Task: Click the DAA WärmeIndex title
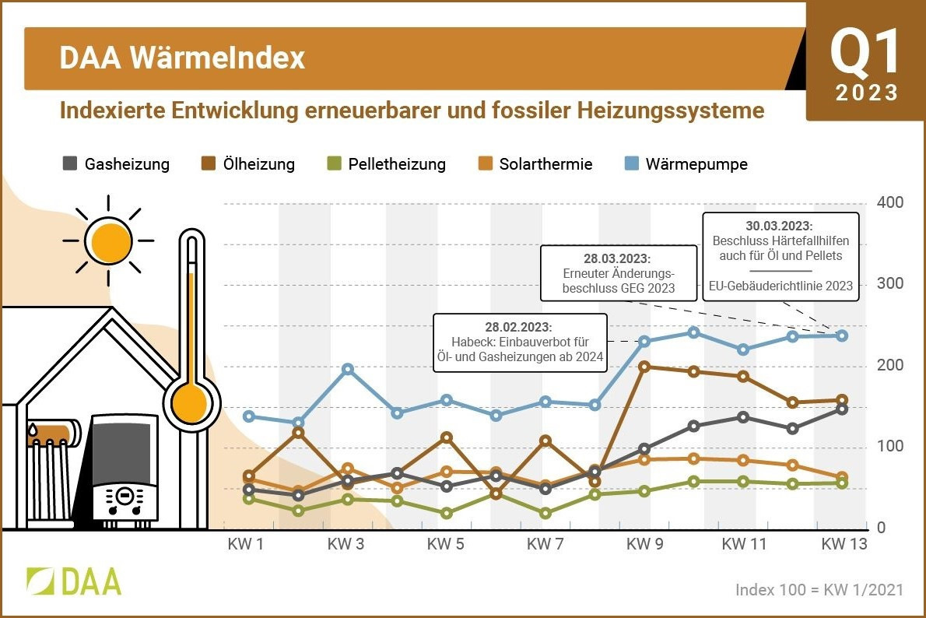click(x=182, y=59)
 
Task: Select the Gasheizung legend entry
click(x=116, y=164)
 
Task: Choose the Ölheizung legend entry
click(x=248, y=164)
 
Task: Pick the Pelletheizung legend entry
click(x=386, y=164)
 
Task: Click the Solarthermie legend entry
click(x=535, y=164)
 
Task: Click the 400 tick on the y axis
click(x=889, y=203)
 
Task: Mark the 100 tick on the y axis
click(x=889, y=447)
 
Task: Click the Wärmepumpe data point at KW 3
click(x=348, y=369)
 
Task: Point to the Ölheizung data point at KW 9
click(x=644, y=367)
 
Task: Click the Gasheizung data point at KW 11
click(x=743, y=417)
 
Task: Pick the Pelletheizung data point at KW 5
click(x=447, y=513)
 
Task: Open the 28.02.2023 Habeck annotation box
click(x=519, y=343)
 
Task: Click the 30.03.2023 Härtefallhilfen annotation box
click(x=780, y=255)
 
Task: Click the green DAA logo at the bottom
click(x=74, y=581)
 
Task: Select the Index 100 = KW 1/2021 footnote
click(x=819, y=589)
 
